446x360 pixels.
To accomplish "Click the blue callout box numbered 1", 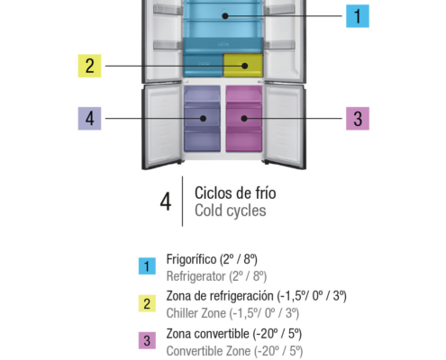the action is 358,16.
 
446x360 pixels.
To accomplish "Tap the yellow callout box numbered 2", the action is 89,66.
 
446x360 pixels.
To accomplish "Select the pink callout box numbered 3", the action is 358,119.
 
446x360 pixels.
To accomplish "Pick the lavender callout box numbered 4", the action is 89,119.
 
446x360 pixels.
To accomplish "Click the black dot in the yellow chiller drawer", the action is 245,66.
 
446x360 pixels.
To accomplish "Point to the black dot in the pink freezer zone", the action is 244,119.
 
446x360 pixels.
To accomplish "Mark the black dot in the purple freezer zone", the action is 203,119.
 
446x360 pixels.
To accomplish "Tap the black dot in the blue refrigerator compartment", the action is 225,16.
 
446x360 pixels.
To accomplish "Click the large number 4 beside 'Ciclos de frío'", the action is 166,202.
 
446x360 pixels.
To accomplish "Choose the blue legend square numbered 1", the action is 147,266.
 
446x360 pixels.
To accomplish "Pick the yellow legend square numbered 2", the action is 147,303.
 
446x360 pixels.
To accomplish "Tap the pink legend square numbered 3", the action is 147,340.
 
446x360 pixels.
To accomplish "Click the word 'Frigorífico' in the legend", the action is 191,259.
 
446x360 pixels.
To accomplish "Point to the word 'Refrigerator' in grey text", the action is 196,276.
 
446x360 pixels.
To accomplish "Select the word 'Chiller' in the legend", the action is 181,313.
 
